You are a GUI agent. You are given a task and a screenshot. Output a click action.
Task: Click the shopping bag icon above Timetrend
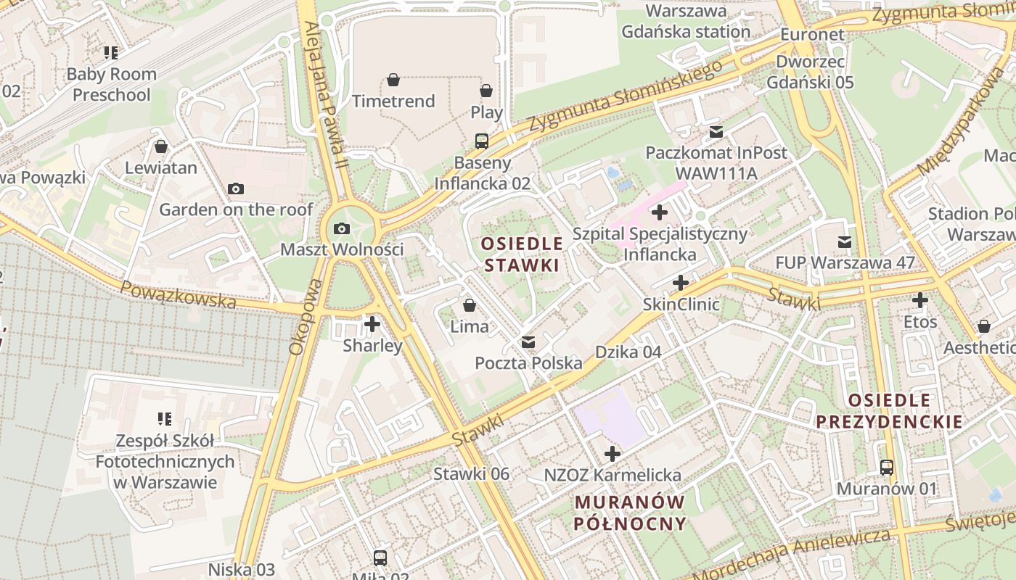pyautogui.click(x=393, y=79)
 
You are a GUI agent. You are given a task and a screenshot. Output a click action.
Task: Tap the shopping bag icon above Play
pyautogui.click(x=486, y=91)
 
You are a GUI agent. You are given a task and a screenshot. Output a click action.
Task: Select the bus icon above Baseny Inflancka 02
pyautogui.click(x=482, y=141)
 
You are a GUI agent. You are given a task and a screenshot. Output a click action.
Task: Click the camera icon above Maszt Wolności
pyautogui.click(x=341, y=229)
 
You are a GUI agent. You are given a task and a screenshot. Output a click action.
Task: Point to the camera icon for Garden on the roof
pyautogui.click(x=235, y=189)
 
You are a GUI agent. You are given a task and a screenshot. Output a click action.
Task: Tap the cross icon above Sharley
pyautogui.click(x=372, y=323)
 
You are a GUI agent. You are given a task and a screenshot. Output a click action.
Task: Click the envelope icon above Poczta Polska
pyautogui.click(x=528, y=341)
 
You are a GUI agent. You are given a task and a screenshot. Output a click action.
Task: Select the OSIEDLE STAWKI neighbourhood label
pyautogui.click(x=523, y=254)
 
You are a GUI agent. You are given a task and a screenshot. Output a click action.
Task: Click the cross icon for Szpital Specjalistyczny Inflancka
pyautogui.click(x=659, y=212)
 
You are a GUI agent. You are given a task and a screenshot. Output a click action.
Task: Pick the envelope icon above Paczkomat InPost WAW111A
pyautogui.click(x=716, y=132)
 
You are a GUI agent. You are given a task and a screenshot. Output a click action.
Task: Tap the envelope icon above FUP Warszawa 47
pyautogui.click(x=845, y=241)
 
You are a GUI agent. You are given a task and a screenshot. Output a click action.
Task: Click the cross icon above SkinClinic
pyautogui.click(x=681, y=283)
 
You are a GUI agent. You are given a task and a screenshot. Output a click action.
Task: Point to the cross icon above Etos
pyautogui.click(x=920, y=299)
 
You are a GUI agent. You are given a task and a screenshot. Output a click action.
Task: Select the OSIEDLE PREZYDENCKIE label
pyautogui.click(x=889, y=410)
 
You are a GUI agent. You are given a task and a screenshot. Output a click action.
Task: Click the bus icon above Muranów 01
pyautogui.click(x=887, y=468)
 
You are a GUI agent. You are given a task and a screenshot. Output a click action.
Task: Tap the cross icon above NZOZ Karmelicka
pyautogui.click(x=613, y=454)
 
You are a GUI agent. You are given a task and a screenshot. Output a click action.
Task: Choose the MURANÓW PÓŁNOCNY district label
pyautogui.click(x=630, y=513)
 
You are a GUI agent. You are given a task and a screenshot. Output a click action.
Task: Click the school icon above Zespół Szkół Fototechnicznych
pyautogui.click(x=165, y=418)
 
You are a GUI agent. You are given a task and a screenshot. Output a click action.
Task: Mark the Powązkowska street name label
pyautogui.click(x=179, y=294)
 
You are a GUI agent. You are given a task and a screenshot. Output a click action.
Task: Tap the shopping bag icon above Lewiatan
pyautogui.click(x=161, y=146)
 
